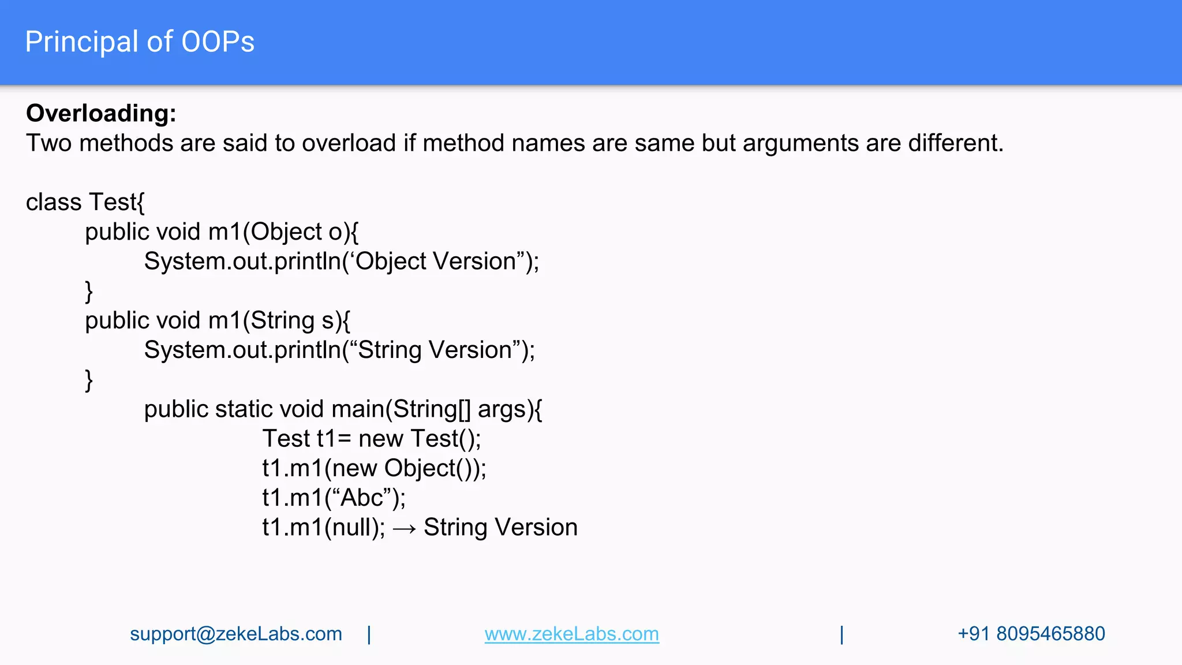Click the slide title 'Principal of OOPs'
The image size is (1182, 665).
pyautogui.click(x=140, y=42)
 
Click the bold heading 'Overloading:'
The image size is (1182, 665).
pyautogui.click(x=101, y=113)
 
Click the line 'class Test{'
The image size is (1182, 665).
pyautogui.click(x=85, y=202)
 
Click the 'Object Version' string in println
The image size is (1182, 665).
pyautogui.click(x=435, y=261)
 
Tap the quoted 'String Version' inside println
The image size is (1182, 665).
pyautogui.click(x=435, y=350)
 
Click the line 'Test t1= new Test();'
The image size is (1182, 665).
pyautogui.click(x=371, y=439)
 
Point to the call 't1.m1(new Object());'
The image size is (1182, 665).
pyautogui.click(x=374, y=468)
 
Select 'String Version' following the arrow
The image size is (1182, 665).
pyautogui.click(x=500, y=528)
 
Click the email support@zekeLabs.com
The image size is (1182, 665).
pyautogui.click(x=235, y=634)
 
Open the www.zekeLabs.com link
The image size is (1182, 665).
pyautogui.click(x=571, y=634)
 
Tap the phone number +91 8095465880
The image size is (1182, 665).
pyautogui.click(x=1031, y=634)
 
